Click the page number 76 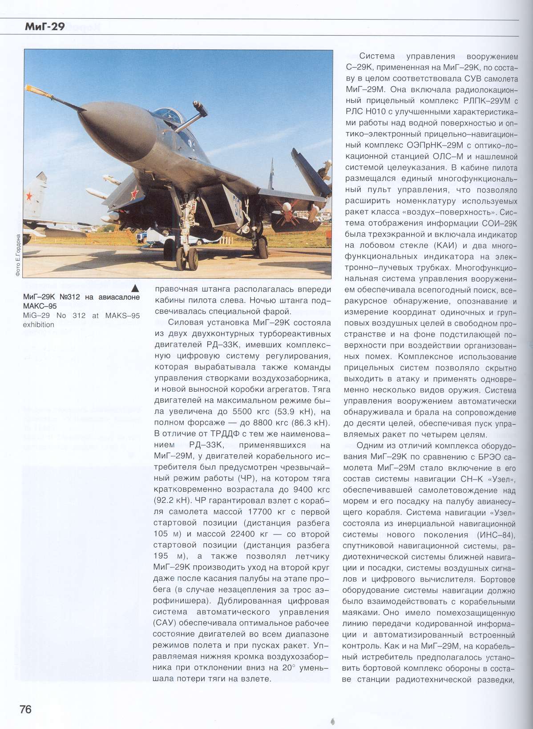click(25, 709)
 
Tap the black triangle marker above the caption click(135, 288)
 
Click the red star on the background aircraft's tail click(29, 195)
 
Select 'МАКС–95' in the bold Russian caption click(40, 306)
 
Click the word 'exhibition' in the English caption click(39, 324)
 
